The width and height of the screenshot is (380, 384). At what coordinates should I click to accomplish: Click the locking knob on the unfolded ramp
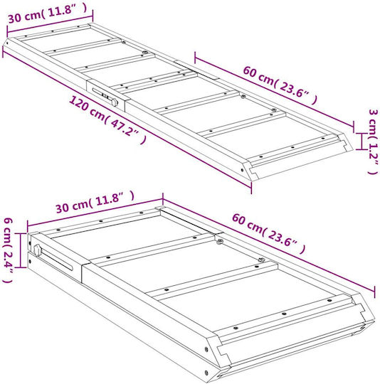pos(115,102)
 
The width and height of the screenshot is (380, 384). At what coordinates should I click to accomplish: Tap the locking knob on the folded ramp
pos(37,250)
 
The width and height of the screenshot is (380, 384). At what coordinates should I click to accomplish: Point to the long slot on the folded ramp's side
pos(57,260)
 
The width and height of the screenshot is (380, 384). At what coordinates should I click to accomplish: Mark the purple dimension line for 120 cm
pos(127,120)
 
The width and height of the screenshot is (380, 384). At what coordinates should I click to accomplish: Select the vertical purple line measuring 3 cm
pos(360,142)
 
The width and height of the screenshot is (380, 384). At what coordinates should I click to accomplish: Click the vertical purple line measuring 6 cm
pos(21,250)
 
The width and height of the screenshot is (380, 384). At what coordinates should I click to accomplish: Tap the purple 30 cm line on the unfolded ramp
pos(50,23)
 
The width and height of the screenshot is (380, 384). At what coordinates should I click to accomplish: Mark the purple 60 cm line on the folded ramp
pos(268,245)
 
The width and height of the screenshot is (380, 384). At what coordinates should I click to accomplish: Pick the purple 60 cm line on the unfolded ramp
pos(274,92)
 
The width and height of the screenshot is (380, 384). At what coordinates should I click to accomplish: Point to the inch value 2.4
pos(8,262)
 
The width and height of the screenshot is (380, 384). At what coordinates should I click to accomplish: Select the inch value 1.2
pos(374,154)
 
